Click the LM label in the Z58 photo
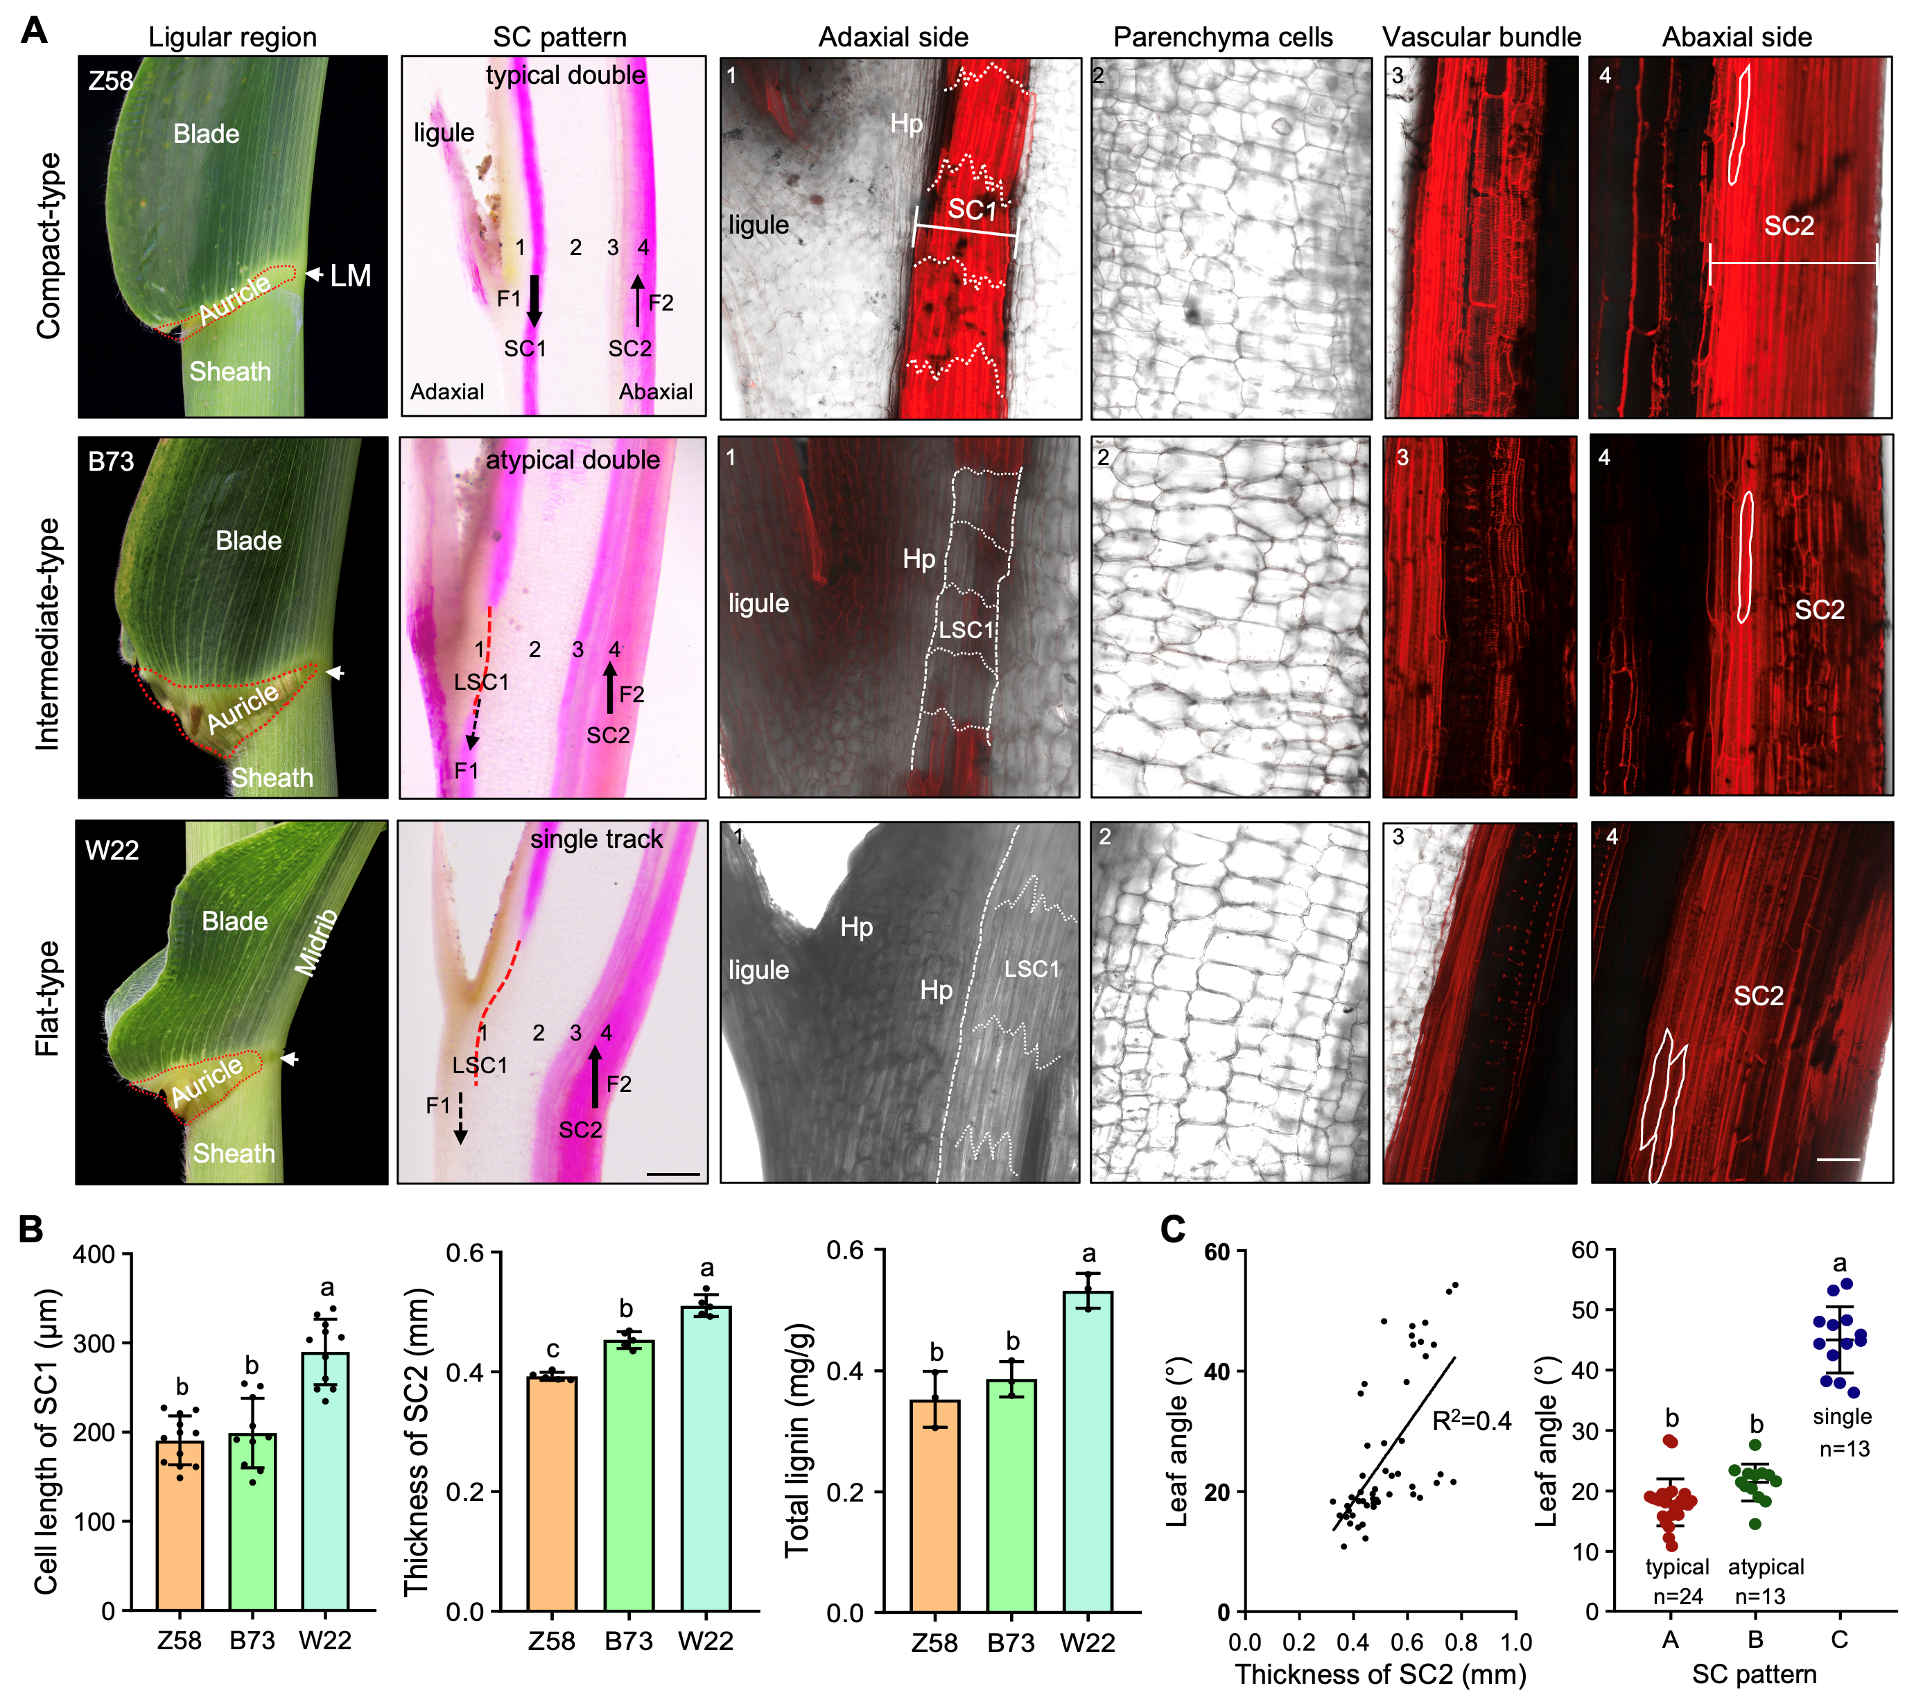pos(350,276)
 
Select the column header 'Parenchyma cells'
pos(1222,37)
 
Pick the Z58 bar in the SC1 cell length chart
pos(180,1524)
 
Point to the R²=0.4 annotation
pos(1472,1420)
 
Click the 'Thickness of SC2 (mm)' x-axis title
pos(1380,1674)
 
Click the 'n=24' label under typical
pos(1678,1596)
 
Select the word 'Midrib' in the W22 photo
pos(316,942)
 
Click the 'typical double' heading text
pos(566,76)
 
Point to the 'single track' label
pos(596,840)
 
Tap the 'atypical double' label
pos(572,460)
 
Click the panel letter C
pos(1172,1230)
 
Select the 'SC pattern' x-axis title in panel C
pos(1754,1674)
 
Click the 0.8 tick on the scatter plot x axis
pos(1461,1642)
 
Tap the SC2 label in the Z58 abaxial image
pos(1789,226)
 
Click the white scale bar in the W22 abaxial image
pos(1837,1159)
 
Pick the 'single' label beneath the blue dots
pos(1841,1417)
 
